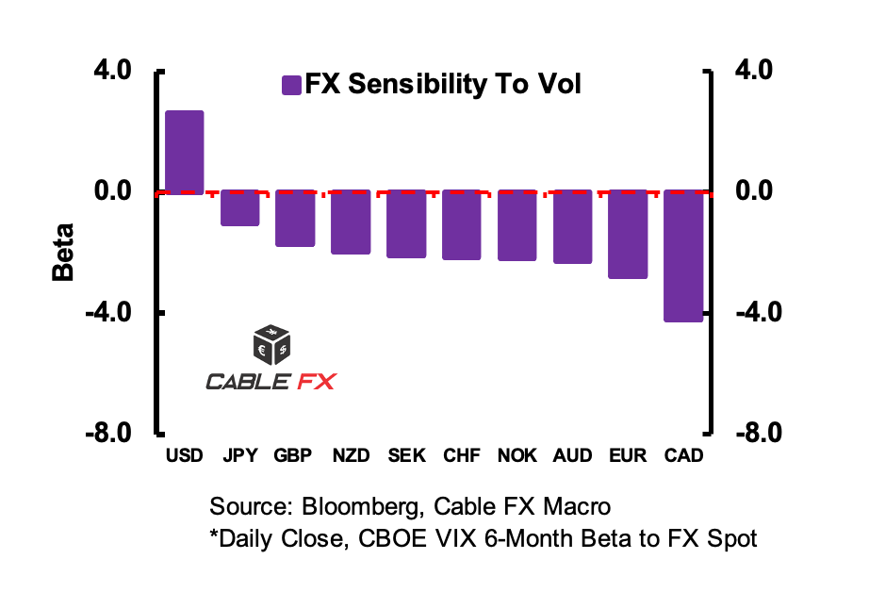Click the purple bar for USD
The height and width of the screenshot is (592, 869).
click(185, 152)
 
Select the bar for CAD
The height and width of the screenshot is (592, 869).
click(683, 255)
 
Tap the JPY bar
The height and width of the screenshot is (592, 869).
click(240, 207)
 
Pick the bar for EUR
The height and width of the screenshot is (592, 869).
click(628, 234)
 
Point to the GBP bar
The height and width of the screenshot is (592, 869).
click(295, 218)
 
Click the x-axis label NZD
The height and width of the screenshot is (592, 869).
click(351, 456)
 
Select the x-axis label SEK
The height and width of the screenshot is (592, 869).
click(406, 456)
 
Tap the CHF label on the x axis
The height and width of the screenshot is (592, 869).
click(462, 456)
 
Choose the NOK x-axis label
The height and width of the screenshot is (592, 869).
click(517, 456)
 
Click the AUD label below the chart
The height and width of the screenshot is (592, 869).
click(573, 456)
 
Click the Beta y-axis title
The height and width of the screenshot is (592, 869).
click(63, 253)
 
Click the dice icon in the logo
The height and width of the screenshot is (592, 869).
click(272, 345)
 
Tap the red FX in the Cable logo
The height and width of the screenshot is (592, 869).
click(316, 381)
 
